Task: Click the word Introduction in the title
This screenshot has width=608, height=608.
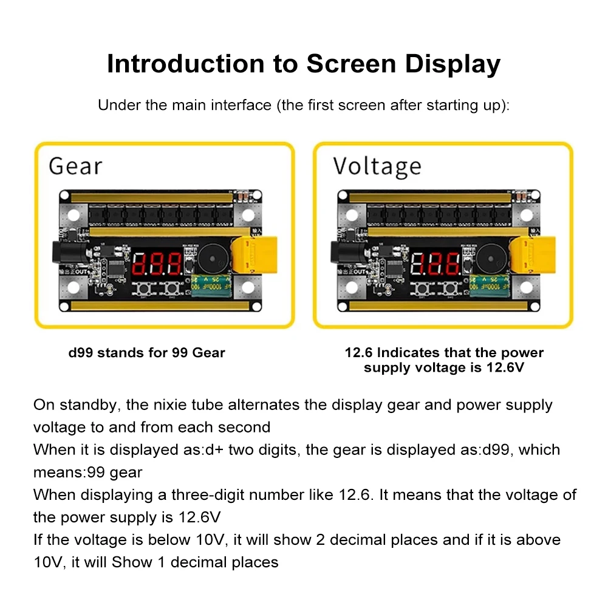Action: (186, 64)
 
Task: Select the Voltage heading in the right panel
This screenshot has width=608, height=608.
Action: (377, 167)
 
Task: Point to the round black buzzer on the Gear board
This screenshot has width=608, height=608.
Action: (213, 259)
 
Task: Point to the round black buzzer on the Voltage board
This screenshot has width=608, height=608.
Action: (491, 259)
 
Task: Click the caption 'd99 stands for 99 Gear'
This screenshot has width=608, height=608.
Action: (146, 353)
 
